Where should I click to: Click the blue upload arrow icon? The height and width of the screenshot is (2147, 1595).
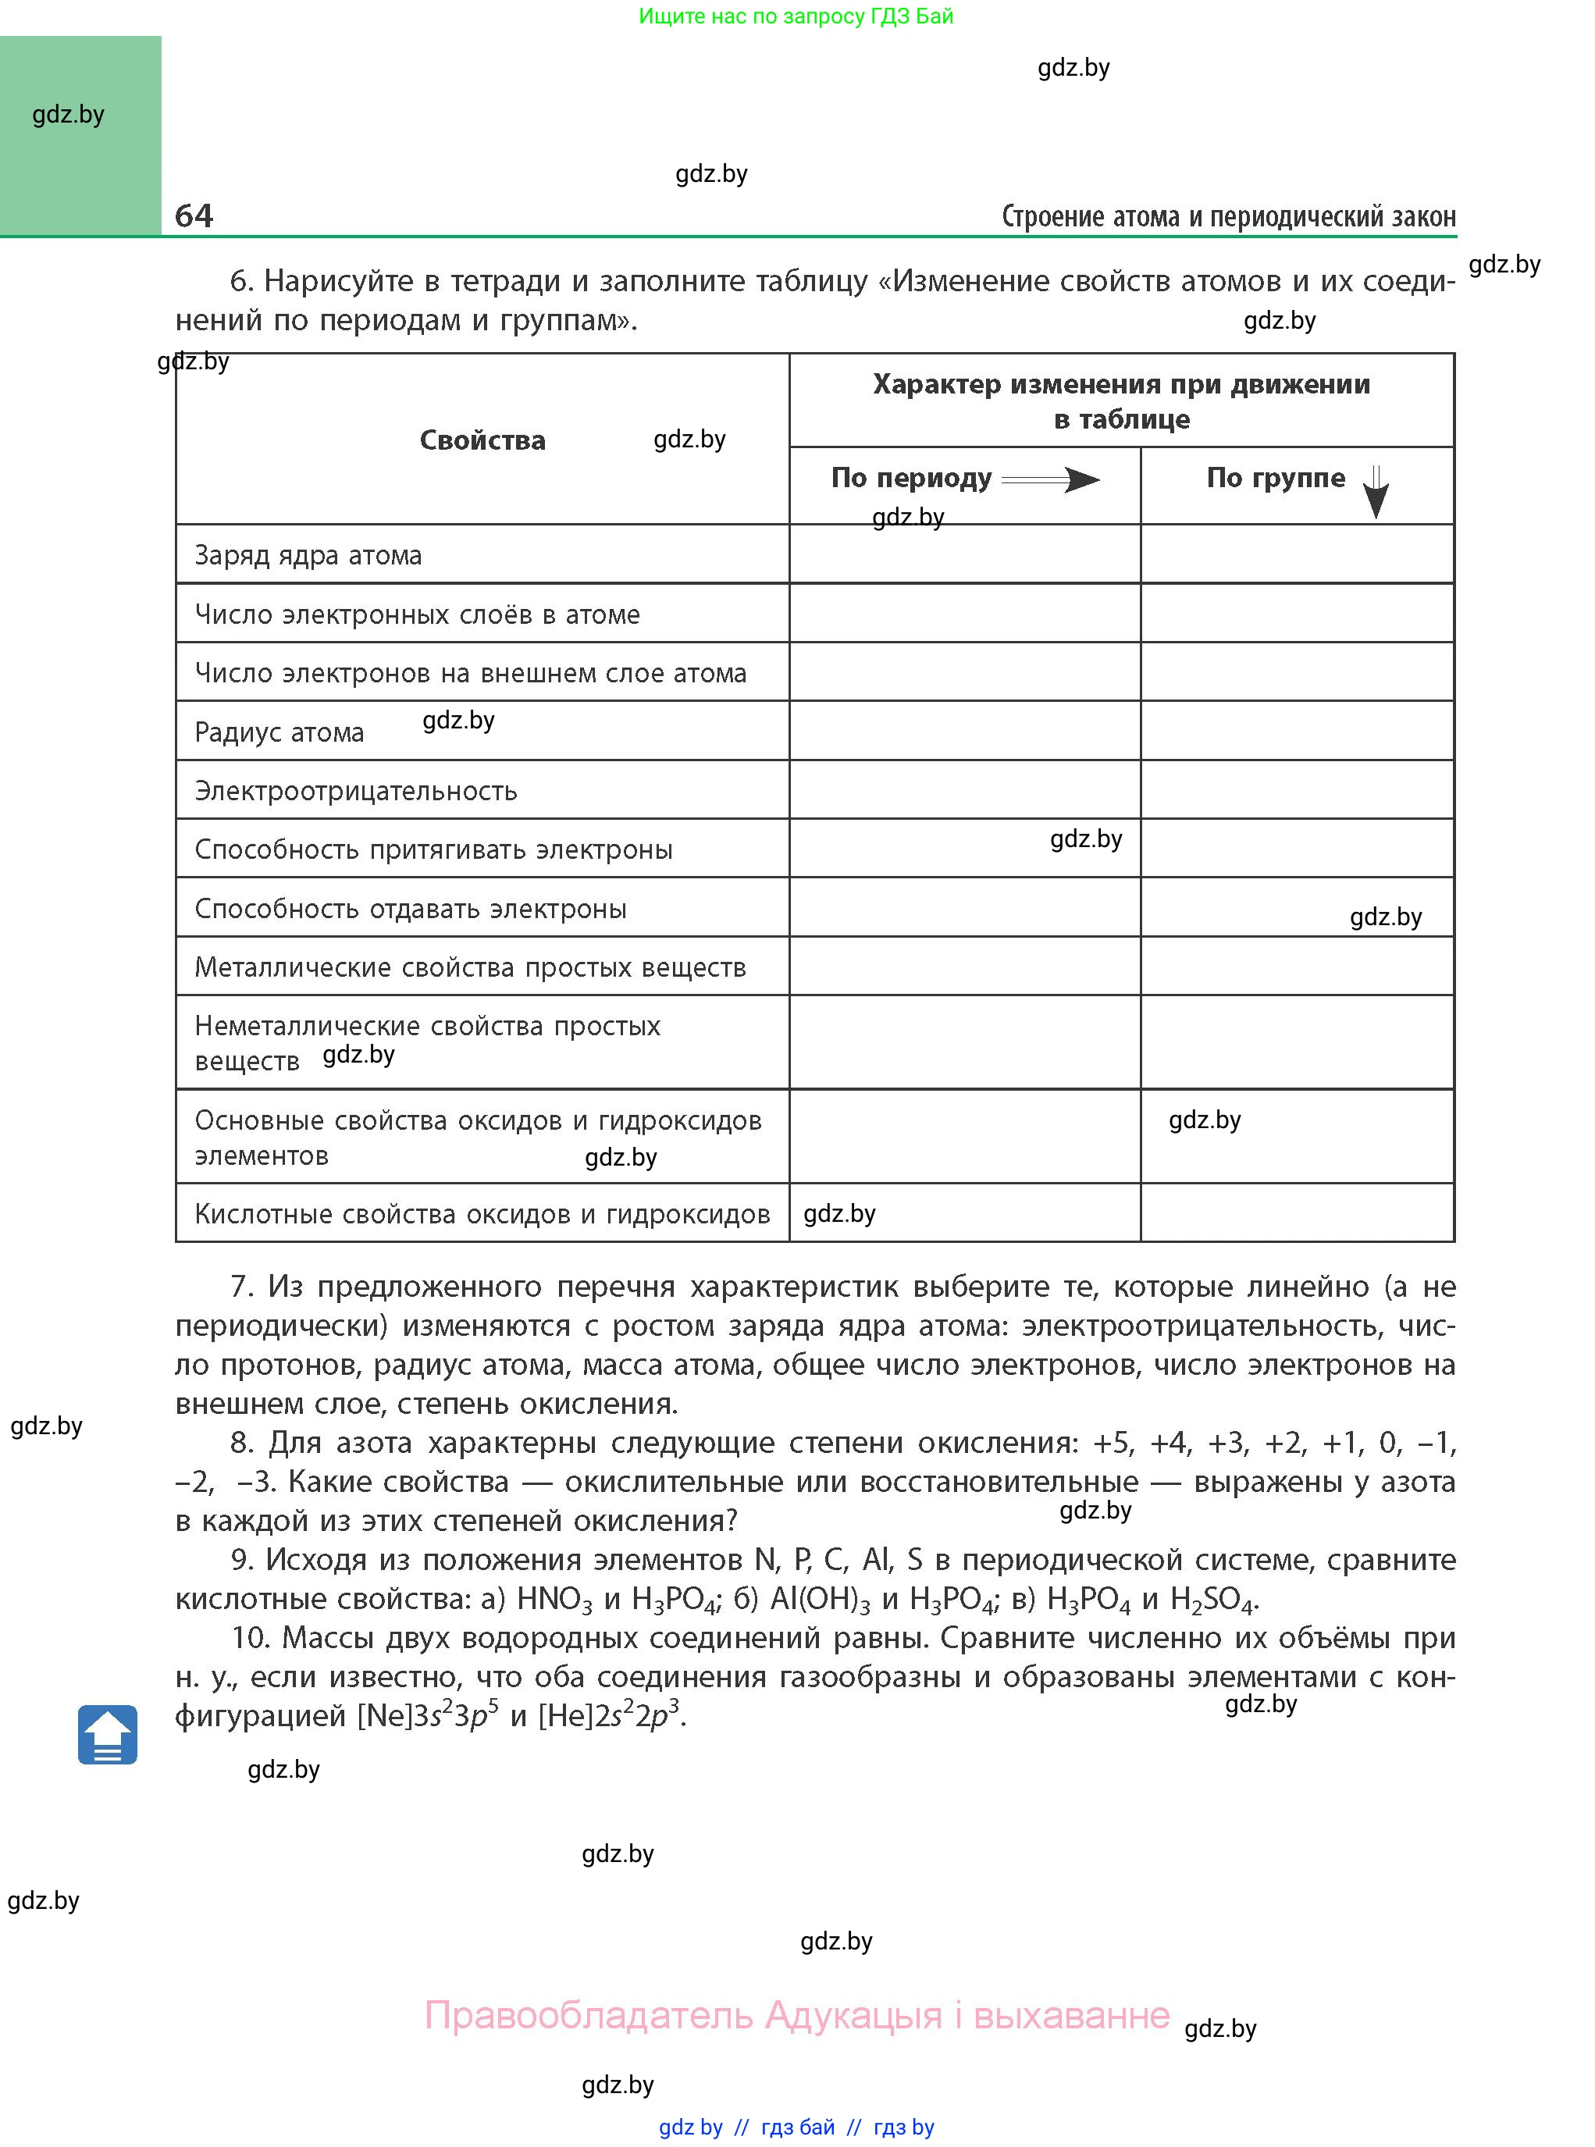107,1735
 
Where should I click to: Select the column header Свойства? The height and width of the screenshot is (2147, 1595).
482,440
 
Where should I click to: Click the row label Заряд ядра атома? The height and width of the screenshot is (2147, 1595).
308,556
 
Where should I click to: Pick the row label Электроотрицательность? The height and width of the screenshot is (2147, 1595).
355,792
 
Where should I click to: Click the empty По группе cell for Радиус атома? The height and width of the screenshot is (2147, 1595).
1296,731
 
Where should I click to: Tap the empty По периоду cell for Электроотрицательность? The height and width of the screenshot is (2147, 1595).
963,789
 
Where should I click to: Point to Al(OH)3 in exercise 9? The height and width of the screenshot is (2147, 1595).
820,1600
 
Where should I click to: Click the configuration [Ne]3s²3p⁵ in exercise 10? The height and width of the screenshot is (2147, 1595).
428,1715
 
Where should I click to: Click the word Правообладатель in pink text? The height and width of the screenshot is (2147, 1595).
588,2016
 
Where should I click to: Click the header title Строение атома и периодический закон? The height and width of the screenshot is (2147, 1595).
1228,216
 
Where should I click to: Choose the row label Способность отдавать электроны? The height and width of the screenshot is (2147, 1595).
411,910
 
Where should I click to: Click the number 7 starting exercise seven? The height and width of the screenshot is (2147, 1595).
240,1287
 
